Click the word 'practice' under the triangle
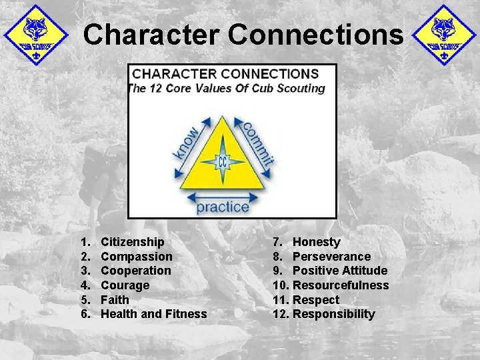tap(223, 206)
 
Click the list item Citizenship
tap(132, 242)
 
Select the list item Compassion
tap(136, 257)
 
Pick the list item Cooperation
tap(135, 271)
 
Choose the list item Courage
tap(125, 285)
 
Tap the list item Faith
tap(115, 300)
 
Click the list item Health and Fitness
tap(153, 314)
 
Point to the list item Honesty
tap(316, 242)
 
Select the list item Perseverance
tap(331, 257)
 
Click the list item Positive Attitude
tap(340, 271)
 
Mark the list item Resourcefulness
tap(341, 285)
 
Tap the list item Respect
tap(316, 300)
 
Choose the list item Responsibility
tap(334, 314)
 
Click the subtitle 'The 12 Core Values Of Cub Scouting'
tap(226, 88)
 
